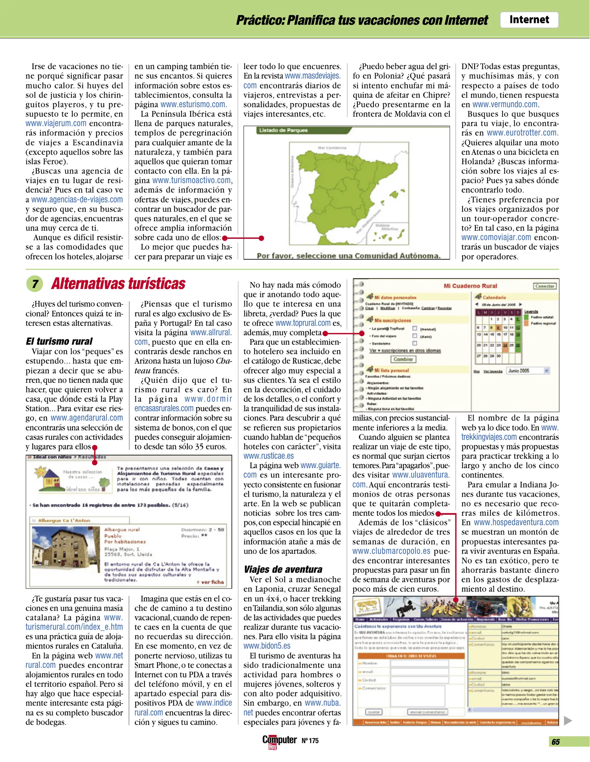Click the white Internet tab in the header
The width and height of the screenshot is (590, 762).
529,20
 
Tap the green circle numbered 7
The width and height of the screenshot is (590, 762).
35,284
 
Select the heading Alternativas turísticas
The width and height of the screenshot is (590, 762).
118,284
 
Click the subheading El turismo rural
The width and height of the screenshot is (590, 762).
59,341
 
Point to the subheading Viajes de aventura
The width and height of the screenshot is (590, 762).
282,569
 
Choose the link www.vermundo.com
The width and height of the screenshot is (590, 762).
505,104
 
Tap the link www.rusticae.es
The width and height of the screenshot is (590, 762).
268,456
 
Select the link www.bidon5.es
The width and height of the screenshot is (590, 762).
267,646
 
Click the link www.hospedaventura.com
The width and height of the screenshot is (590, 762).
516,522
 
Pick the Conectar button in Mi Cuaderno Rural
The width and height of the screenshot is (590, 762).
545,286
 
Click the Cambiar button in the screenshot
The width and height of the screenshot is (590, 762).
403,359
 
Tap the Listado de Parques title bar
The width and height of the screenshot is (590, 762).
303,131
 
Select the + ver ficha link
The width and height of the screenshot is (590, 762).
210,582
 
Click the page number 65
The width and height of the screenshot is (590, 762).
555,742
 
